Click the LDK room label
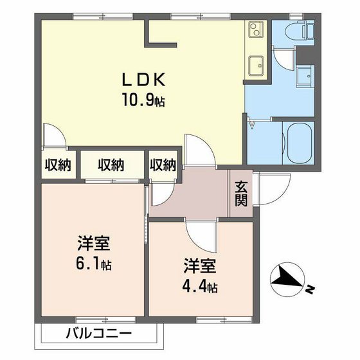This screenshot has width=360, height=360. point(145,80)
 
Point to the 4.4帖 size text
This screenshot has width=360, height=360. point(199,285)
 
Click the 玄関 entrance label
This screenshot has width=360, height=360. point(241,194)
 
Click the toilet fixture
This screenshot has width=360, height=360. point(300,30)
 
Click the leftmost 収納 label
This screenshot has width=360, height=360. point(57,165)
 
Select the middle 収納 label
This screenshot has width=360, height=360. point(111,165)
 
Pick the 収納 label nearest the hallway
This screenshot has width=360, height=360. point(163,165)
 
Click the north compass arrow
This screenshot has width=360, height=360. point(287,280)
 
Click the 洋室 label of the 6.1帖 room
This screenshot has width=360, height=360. point(94,245)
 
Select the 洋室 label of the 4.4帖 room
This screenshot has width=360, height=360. point(199,266)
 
